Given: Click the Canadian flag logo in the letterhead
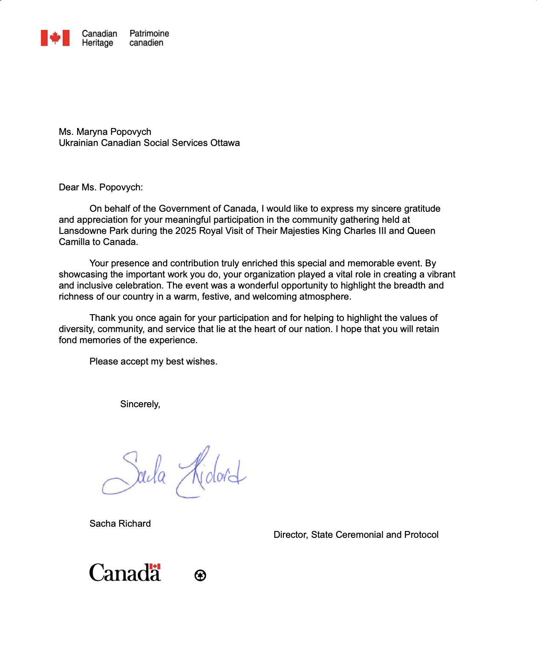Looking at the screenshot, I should pos(55,38).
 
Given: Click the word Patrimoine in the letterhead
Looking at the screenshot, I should pos(149,33).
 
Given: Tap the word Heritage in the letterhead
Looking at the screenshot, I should pos(98,43).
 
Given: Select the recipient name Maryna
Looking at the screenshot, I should pos(91,132).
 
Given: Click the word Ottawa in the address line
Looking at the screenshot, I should pos(225,143).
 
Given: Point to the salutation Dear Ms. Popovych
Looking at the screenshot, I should pos(101,187).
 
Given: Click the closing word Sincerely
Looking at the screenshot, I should pos(140,404).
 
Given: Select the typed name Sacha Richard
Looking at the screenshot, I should pos(120,524).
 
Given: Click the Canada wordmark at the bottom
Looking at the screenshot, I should pos(125,573).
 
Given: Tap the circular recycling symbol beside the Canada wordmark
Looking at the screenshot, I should pos(200,575).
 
